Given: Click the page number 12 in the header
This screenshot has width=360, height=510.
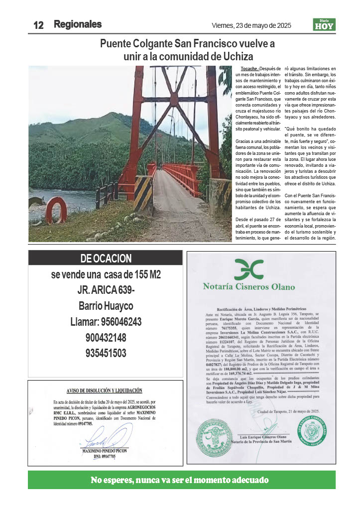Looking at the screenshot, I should (38, 25).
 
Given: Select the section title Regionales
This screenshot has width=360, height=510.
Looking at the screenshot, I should (78, 24).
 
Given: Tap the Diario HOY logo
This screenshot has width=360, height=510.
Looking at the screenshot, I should (324, 24).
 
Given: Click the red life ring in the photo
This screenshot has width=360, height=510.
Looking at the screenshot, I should (56, 210).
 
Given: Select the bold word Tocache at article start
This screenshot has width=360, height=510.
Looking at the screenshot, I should (249, 68).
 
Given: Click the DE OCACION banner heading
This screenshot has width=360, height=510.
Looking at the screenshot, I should (106, 258).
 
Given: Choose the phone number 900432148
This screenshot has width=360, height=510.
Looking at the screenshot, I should (106, 338).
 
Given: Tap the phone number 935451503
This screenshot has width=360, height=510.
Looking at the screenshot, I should (106, 353).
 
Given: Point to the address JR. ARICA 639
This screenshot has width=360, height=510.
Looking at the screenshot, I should (106, 290).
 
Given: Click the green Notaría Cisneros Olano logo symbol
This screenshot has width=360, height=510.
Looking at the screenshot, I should (248, 270).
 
